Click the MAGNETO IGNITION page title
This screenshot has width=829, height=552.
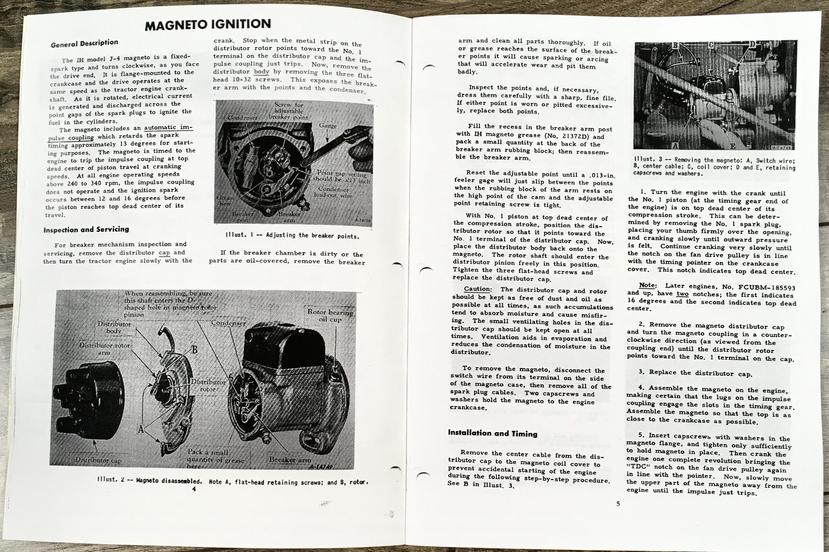point(208,24)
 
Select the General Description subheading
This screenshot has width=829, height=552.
point(84,43)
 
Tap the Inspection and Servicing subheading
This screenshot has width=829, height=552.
point(86,230)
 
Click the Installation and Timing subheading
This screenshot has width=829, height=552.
point(493,433)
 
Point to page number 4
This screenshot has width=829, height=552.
point(194,489)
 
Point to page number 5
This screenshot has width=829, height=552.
point(618,504)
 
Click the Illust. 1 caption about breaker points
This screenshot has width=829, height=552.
point(292,235)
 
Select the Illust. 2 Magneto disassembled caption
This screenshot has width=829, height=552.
point(233,481)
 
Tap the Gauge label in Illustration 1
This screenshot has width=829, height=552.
point(328,126)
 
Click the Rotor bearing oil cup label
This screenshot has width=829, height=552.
point(330,315)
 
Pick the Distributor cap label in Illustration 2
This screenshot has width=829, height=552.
point(98,460)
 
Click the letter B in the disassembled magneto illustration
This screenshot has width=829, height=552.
point(194,350)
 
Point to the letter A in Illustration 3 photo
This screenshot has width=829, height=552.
point(675,146)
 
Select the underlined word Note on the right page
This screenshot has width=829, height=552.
point(647,285)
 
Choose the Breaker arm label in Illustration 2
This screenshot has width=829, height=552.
point(290,460)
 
